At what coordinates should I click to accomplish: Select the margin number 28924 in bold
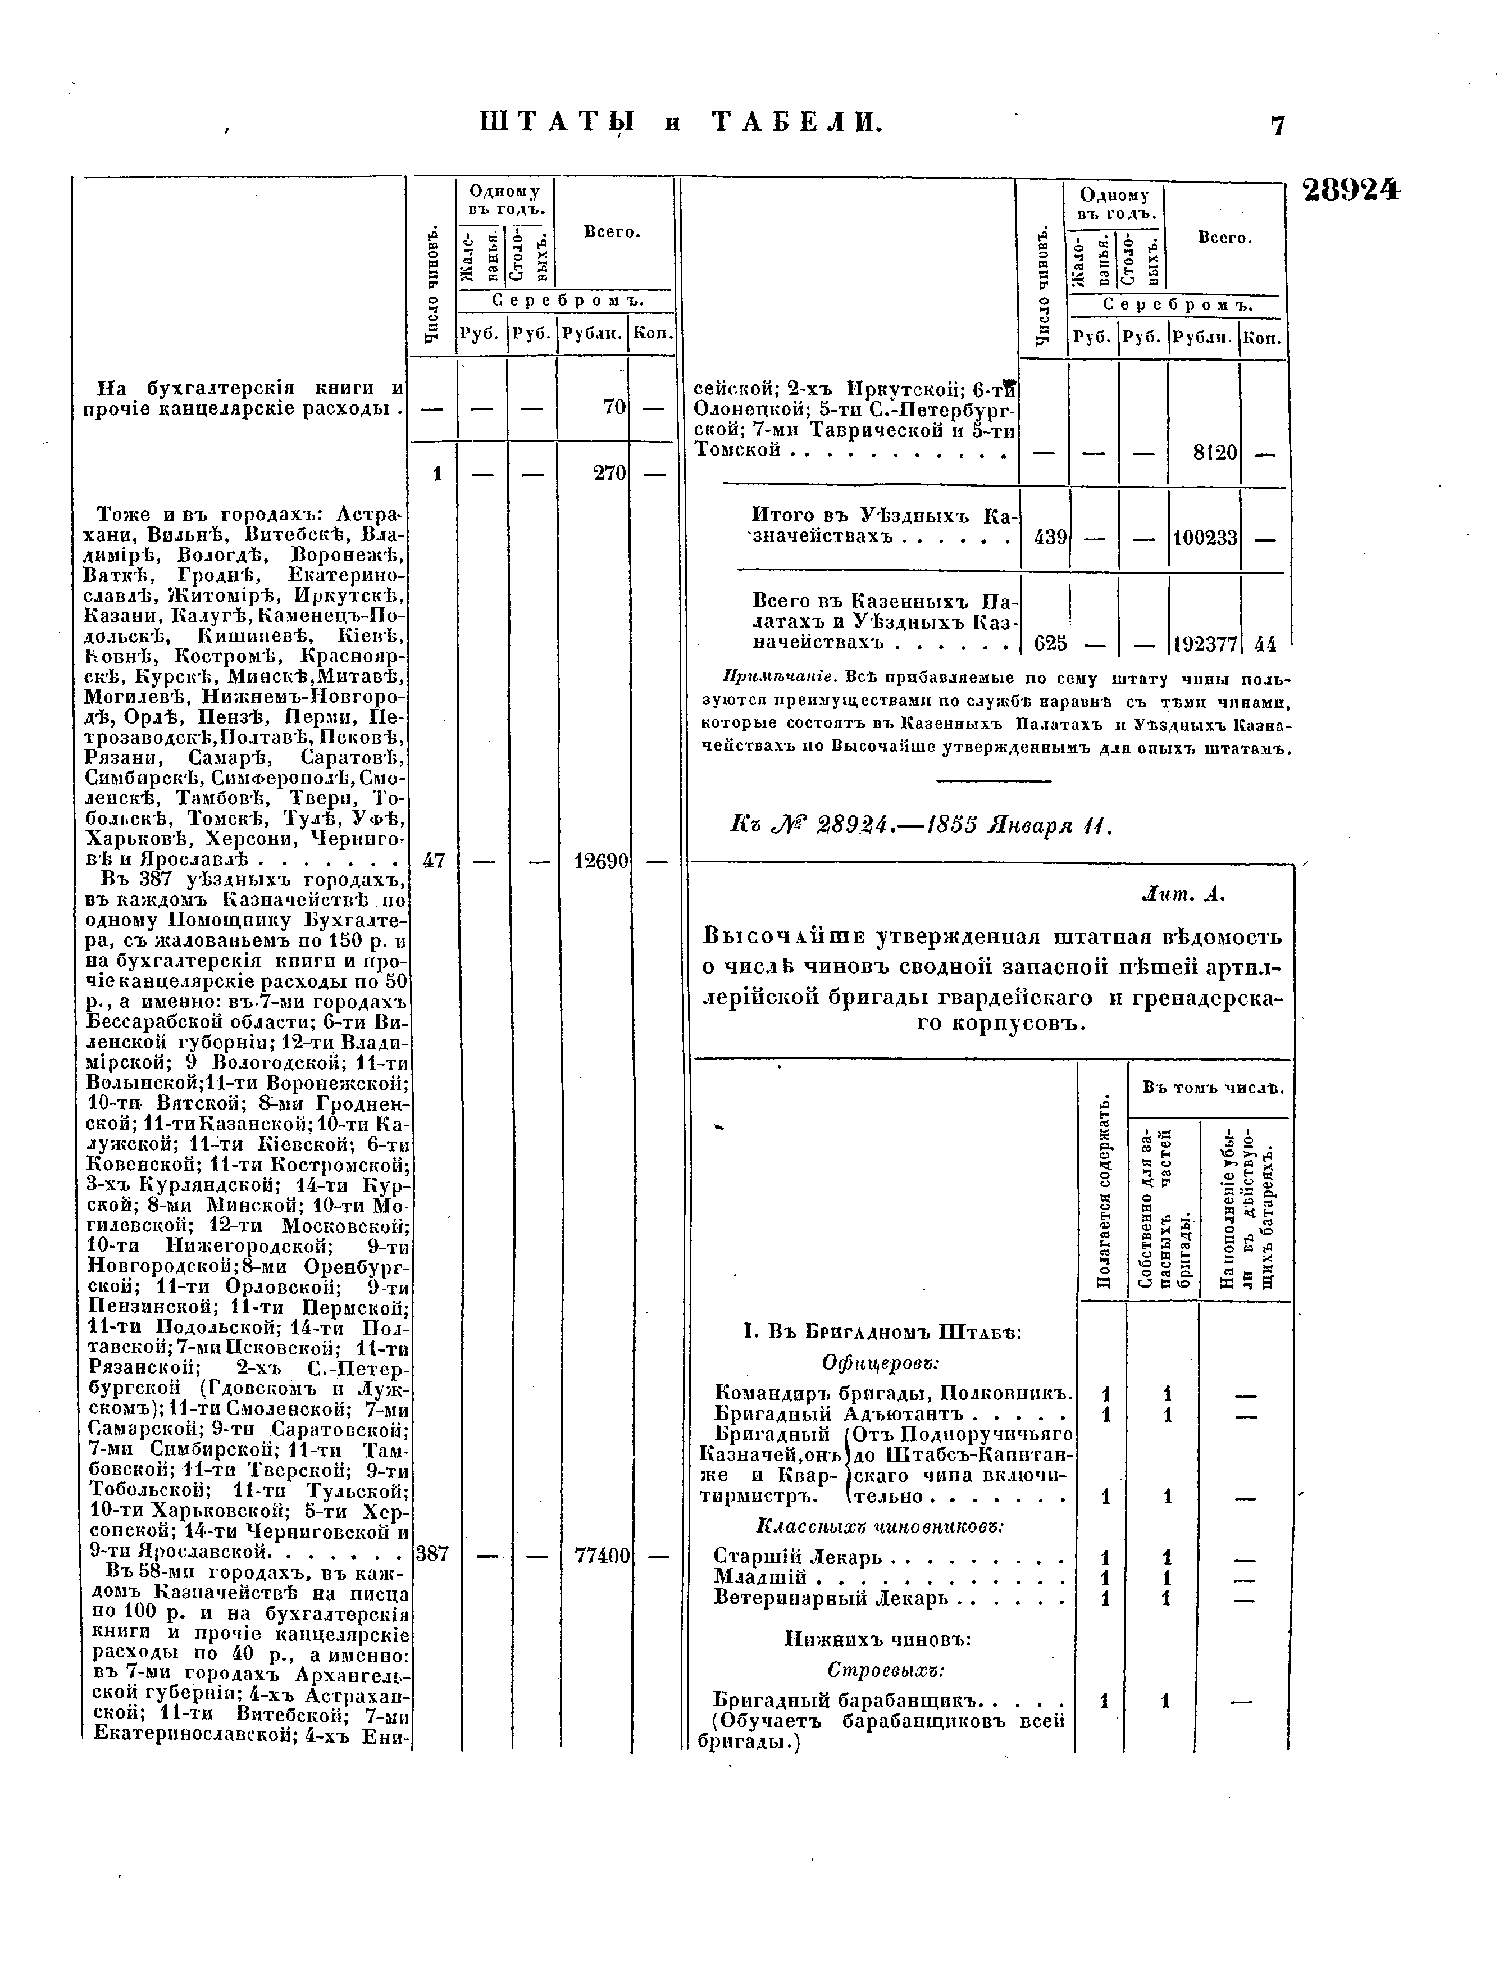click(x=1351, y=191)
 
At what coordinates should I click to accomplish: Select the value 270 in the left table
click(x=610, y=473)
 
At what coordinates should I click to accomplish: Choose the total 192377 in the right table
click(x=1205, y=643)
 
